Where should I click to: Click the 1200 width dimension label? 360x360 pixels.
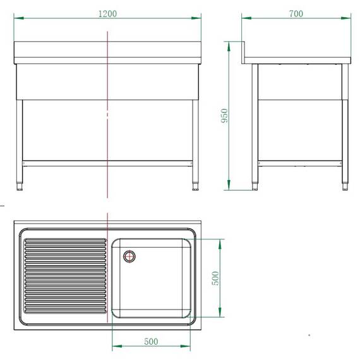108,13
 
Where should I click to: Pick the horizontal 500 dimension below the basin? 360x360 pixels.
151,342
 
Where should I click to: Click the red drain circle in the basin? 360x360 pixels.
129,256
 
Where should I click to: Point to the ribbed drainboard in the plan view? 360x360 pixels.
64,276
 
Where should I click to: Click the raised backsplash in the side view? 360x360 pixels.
246,52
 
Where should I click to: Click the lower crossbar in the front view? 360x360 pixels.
107,162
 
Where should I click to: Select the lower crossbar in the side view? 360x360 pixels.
300,162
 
